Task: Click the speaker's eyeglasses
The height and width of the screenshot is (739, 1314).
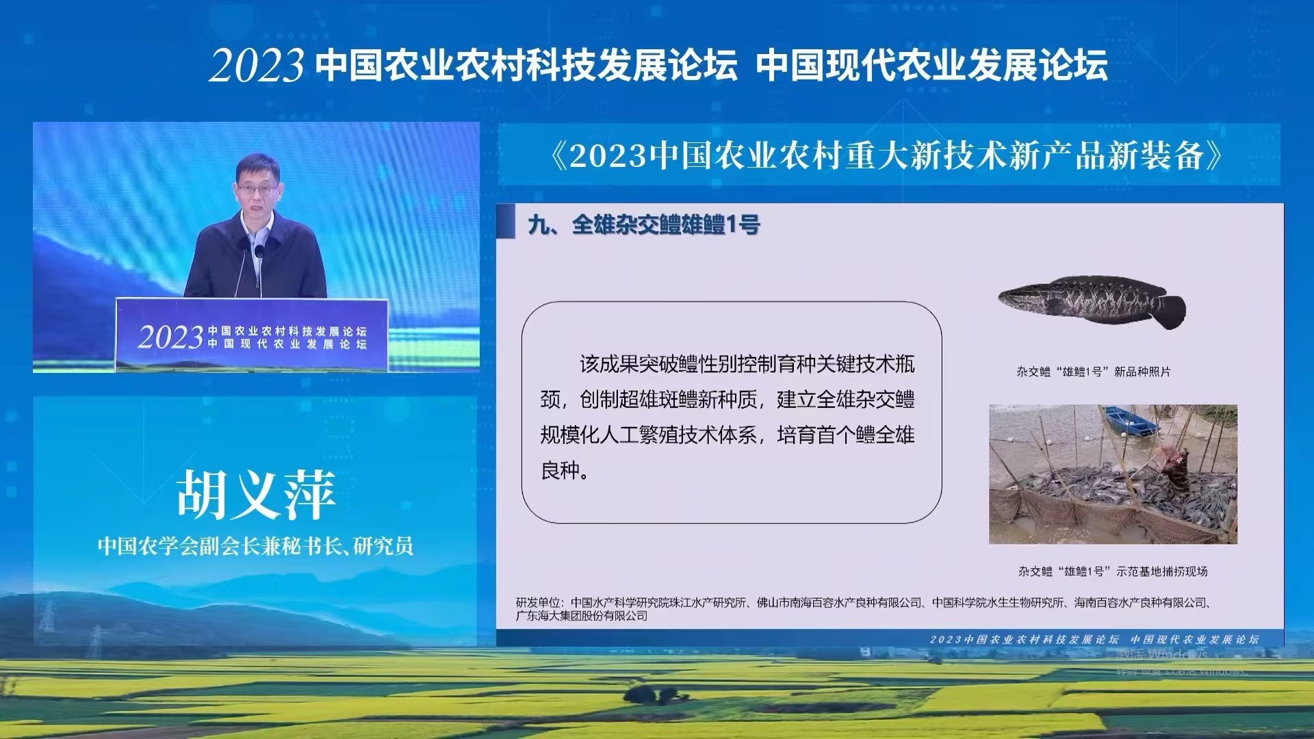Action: [255, 187]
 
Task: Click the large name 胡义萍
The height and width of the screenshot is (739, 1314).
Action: [256, 495]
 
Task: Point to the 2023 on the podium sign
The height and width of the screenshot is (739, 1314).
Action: [171, 337]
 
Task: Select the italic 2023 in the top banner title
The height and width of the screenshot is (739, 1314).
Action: [257, 66]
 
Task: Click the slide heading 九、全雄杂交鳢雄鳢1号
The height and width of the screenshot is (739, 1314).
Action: [644, 224]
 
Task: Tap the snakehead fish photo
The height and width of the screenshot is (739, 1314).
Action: [1091, 301]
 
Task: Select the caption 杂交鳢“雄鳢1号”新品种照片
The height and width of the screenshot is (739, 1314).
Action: [1093, 372]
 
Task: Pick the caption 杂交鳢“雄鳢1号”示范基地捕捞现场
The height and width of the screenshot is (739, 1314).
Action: [1112, 571]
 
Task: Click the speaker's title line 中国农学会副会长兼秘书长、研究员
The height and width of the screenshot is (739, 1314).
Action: [256, 546]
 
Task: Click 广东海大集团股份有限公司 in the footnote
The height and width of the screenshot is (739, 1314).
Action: [582, 616]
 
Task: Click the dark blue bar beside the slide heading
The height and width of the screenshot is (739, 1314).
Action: [506, 224]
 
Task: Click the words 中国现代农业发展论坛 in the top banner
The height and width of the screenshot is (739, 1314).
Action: [931, 66]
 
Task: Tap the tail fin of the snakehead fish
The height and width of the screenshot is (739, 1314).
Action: [1172, 311]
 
